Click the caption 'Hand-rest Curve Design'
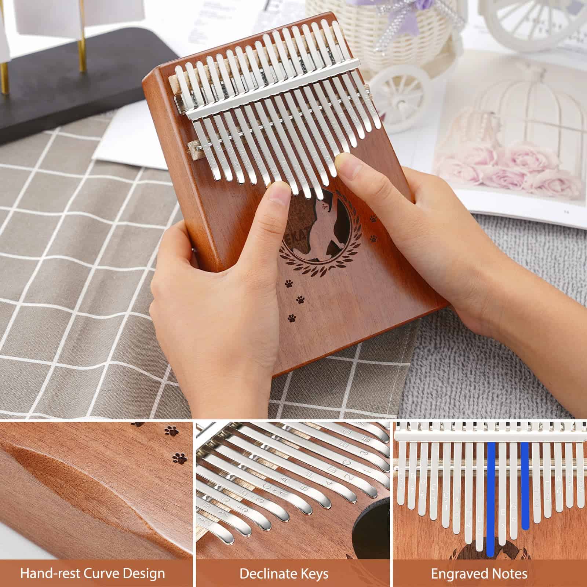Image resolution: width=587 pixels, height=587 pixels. (x=92, y=573)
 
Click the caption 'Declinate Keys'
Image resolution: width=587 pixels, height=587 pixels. (x=284, y=573)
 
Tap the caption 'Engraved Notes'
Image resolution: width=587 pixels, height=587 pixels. (x=479, y=573)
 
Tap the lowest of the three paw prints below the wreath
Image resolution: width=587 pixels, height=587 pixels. (x=292, y=317)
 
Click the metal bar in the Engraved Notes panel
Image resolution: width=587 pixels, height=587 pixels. (x=488, y=437)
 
